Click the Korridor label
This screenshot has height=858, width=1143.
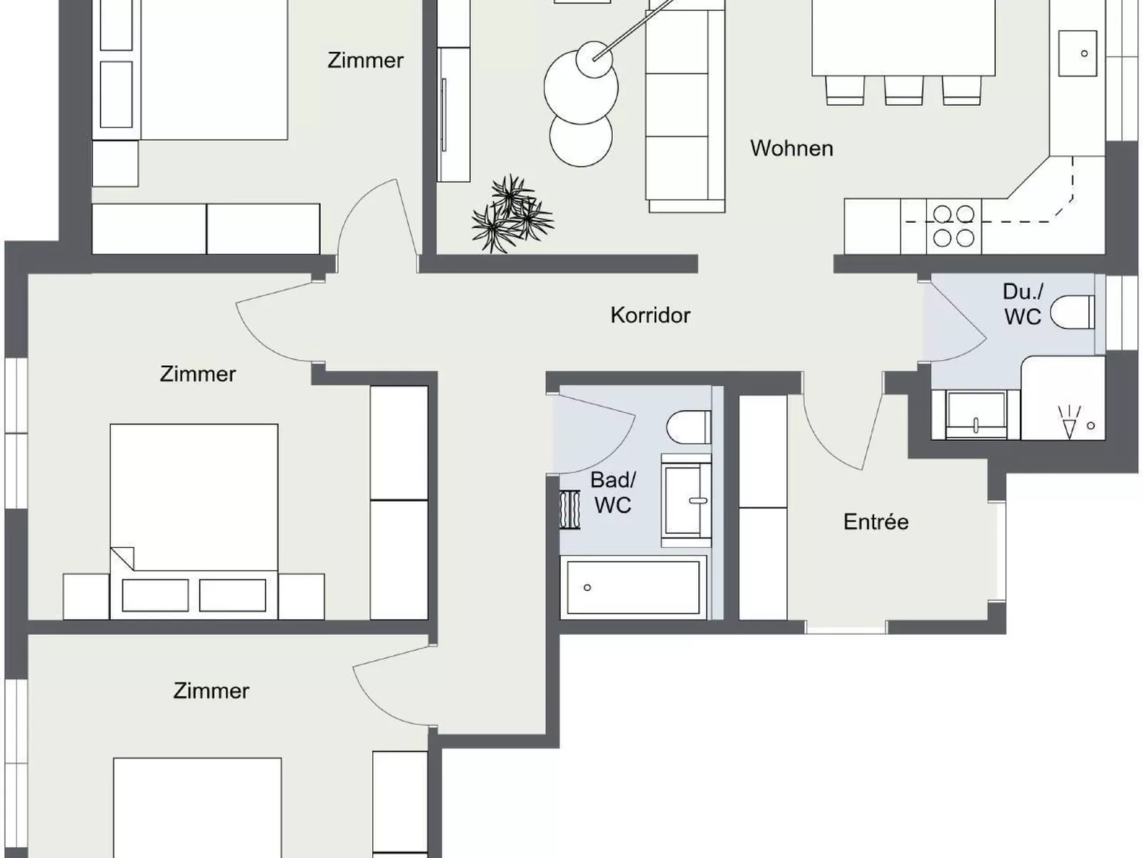[650, 315]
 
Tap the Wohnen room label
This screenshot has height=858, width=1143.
[791, 148]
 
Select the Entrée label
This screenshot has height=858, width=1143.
[875, 522]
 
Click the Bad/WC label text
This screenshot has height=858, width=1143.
[613, 492]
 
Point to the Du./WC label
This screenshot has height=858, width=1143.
[1023, 304]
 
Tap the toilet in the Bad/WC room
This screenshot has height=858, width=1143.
[688, 427]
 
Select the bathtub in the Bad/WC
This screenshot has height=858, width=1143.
[633, 587]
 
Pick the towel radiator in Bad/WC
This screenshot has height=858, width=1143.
[569, 510]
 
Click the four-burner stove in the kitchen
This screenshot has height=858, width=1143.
[954, 226]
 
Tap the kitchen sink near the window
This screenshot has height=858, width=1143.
[1078, 53]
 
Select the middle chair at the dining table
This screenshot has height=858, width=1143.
[904, 90]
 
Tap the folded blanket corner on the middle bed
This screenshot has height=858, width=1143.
[122, 558]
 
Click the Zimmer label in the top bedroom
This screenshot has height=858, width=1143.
[365, 61]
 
